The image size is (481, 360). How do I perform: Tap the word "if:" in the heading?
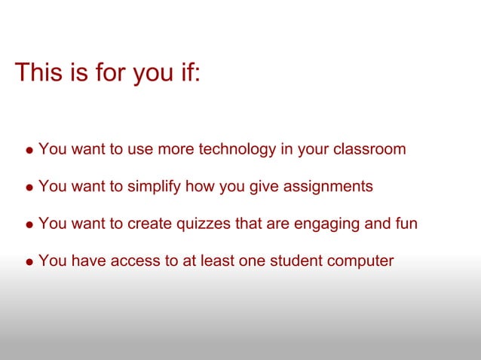tap(188, 73)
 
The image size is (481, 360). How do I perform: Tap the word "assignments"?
tap(329, 186)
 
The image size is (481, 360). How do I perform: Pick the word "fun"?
tap(405, 224)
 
